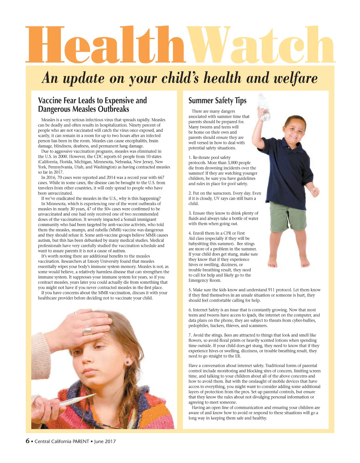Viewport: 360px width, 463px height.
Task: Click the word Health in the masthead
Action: (105, 45)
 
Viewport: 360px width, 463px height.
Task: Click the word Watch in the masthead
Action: (260, 45)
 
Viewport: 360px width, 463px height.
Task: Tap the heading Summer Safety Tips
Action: (217, 101)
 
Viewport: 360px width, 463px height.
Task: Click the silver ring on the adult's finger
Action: (87, 331)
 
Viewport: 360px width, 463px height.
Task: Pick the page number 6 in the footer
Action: (27, 441)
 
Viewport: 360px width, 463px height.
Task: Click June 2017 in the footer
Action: (105, 441)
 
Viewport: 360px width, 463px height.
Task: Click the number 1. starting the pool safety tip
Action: (190, 157)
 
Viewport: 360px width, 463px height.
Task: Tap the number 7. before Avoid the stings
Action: (190, 335)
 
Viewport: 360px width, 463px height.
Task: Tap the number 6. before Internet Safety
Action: (190, 310)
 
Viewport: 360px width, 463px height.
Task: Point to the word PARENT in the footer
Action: (81, 441)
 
